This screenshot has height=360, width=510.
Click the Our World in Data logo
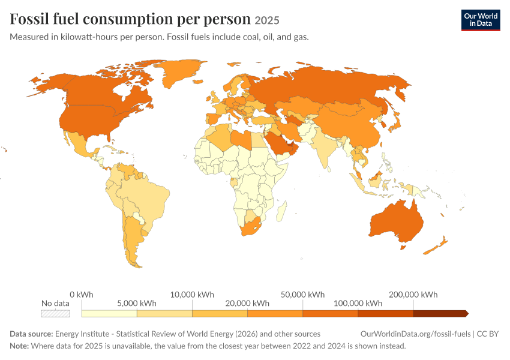click(x=481, y=20)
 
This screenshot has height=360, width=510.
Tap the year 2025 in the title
click(x=267, y=20)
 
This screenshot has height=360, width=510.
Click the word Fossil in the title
click(x=29, y=19)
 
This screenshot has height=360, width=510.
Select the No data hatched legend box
click(x=55, y=313)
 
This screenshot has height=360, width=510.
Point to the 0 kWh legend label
click(x=82, y=295)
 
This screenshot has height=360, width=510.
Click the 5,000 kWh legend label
click(x=137, y=304)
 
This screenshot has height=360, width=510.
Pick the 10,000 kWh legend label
click(x=192, y=295)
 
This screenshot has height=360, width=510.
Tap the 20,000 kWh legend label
click(x=247, y=304)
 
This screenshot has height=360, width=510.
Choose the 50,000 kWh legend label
click(x=302, y=295)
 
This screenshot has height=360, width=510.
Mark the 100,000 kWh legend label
click(x=358, y=304)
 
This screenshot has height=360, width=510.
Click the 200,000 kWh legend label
click(x=413, y=295)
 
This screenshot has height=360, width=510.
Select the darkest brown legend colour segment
click(x=441, y=313)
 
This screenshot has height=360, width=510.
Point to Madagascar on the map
click(x=281, y=211)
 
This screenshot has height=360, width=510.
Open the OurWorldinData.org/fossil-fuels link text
click(x=415, y=334)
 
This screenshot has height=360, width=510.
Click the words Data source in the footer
click(x=31, y=334)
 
